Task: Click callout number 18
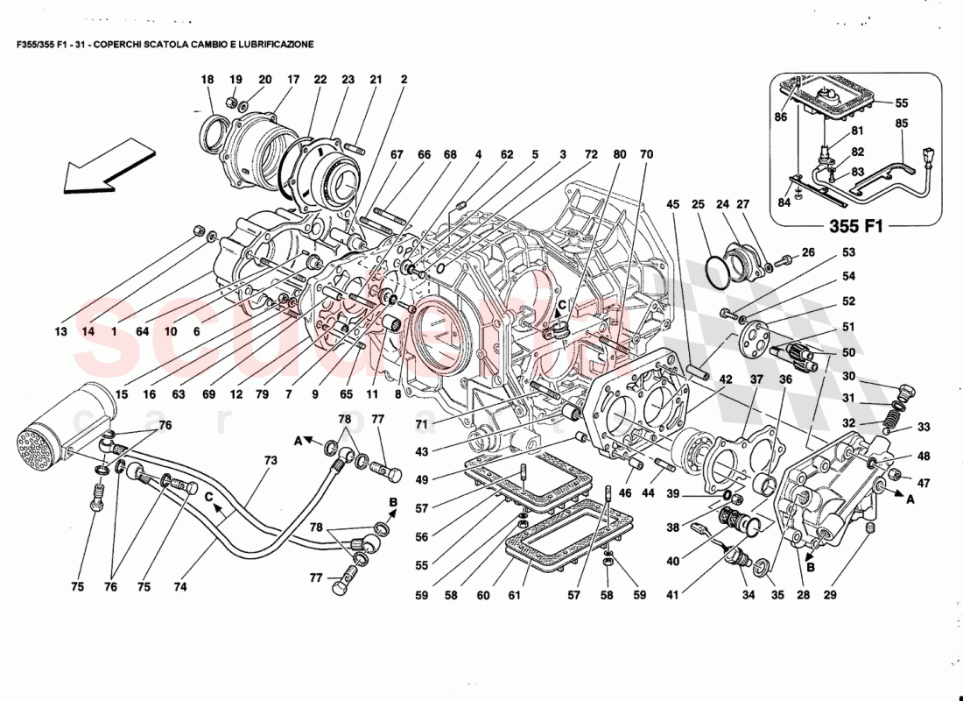click(207, 80)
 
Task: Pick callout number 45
click(672, 205)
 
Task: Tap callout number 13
click(60, 332)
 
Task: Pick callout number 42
click(727, 379)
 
